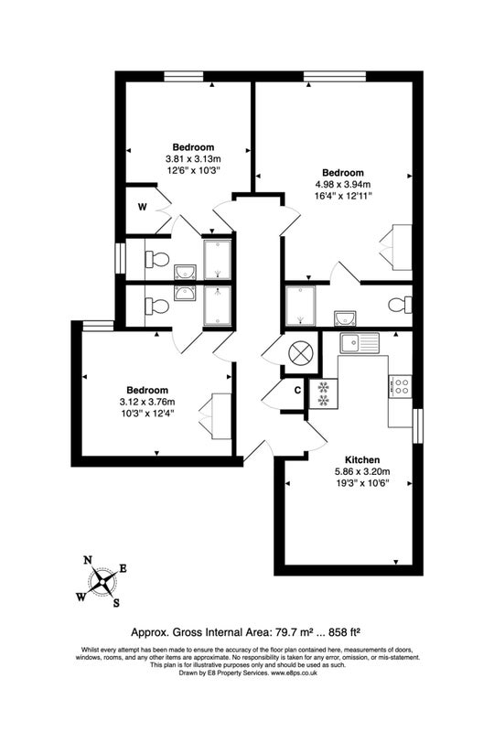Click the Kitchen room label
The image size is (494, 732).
(362, 460)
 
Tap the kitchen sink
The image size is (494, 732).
(359, 344)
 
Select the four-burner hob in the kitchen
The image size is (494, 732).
(401, 386)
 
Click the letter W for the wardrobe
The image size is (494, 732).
(143, 208)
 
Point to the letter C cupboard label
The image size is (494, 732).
(297, 391)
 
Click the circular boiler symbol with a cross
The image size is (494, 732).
(299, 352)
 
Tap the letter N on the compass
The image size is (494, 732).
(87, 560)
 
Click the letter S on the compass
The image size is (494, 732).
(116, 603)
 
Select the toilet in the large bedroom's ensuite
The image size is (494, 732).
(400, 305)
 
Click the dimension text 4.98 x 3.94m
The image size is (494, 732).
(343, 185)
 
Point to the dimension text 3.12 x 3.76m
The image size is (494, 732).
(147, 402)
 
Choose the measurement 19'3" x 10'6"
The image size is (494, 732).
(362, 483)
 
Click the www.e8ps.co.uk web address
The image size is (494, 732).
(295, 673)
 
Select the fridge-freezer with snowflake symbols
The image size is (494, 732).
(322, 393)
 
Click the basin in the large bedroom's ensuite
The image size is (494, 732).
(345, 318)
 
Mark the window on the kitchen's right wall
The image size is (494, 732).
(418, 425)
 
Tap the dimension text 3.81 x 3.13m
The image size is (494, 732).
(193, 158)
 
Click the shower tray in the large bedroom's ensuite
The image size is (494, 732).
(301, 306)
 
